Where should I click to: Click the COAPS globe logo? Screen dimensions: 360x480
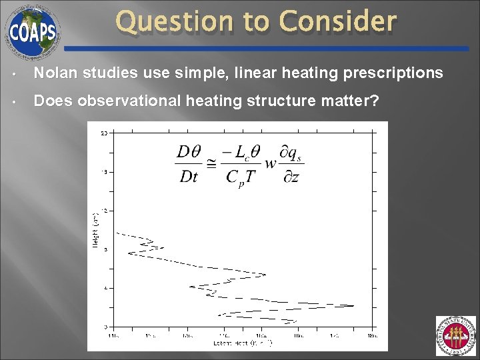coord(32,31)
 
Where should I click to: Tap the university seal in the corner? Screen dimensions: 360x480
coord(455,337)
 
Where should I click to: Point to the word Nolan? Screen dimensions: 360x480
coord(53,73)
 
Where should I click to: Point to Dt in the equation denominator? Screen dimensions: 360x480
coord(187,177)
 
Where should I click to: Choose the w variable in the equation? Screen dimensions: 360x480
coord(271,164)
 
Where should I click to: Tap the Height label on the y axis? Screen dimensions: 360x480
coord(94,231)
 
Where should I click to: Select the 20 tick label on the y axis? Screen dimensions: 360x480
coord(104,134)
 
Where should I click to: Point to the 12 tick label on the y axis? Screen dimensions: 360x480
coord(104,211)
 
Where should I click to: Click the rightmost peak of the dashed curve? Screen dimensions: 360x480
coord(353,306)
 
